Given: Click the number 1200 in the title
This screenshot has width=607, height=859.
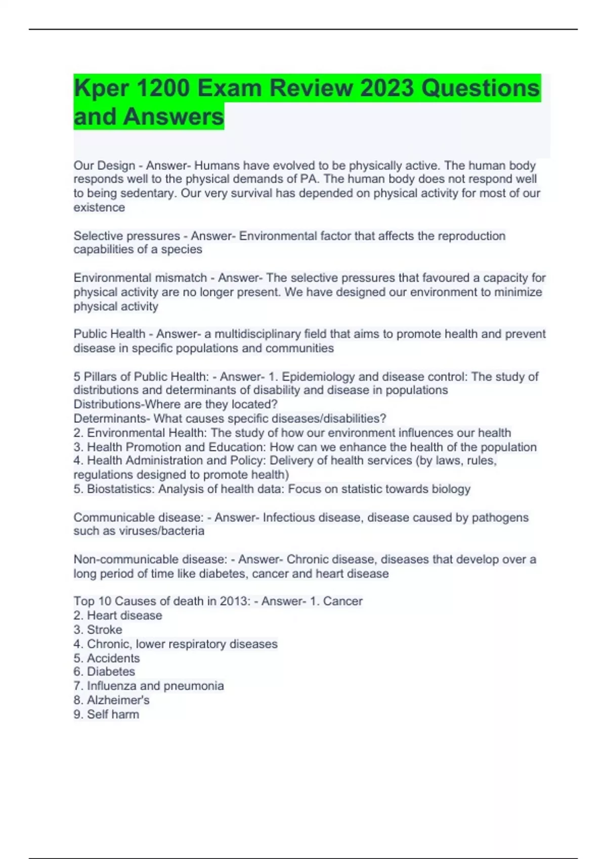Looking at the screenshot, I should pyautogui.click(x=163, y=88).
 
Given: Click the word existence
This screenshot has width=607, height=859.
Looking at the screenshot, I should pyautogui.click(x=99, y=208).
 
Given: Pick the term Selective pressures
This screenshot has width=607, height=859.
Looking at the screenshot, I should pyautogui.click(x=126, y=236).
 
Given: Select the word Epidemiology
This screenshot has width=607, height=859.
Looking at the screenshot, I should pyautogui.click(x=318, y=377).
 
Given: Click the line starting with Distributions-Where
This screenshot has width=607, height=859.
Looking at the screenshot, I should pyautogui.click(x=176, y=404).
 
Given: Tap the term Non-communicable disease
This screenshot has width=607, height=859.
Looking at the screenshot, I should pyautogui.click(x=150, y=559).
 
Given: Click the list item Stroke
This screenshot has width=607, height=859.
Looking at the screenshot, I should pyautogui.click(x=104, y=630).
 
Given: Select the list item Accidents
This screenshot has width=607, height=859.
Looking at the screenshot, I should pyautogui.click(x=113, y=658).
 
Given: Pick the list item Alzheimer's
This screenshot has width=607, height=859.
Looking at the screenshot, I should pyautogui.click(x=118, y=700).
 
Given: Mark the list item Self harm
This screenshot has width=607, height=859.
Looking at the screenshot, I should pyautogui.click(x=113, y=714).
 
